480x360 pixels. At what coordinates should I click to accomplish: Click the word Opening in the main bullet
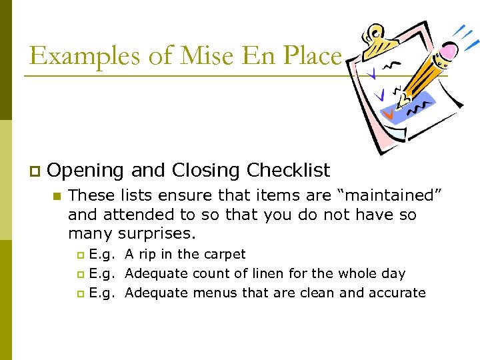point(85,171)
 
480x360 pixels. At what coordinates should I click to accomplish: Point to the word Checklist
point(288,171)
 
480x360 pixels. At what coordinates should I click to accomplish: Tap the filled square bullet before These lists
point(57,196)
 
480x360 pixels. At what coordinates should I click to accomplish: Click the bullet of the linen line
point(81,274)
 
